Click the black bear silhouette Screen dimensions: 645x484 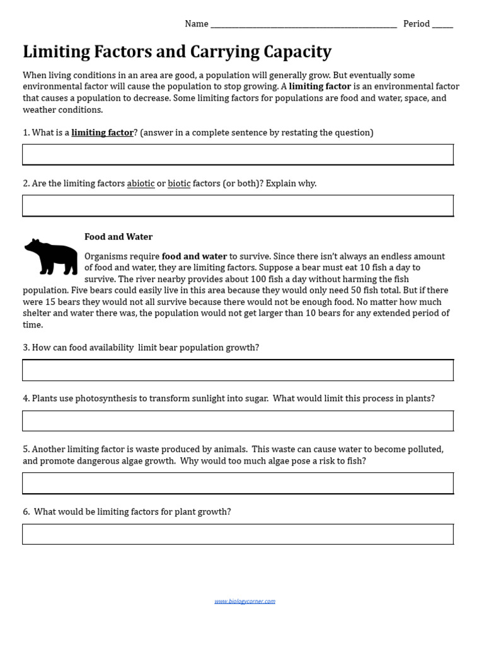point(50,256)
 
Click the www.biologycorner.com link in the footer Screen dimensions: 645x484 point(245,601)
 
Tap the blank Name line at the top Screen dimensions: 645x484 point(303,25)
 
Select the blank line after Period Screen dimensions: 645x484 point(442,25)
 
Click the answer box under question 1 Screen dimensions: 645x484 point(238,154)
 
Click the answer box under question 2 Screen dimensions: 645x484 point(238,205)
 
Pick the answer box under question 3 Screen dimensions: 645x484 point(238,370)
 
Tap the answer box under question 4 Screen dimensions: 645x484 point(238,421)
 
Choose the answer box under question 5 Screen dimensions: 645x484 point(238,483)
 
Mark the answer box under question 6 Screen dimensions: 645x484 point(238,534)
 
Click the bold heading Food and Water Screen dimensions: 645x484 point(118,237)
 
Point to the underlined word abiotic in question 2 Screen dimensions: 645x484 point(141,183)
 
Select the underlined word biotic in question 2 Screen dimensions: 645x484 point(179,183)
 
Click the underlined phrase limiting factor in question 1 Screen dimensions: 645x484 point(102,132)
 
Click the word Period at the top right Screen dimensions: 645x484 point(417,24)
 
